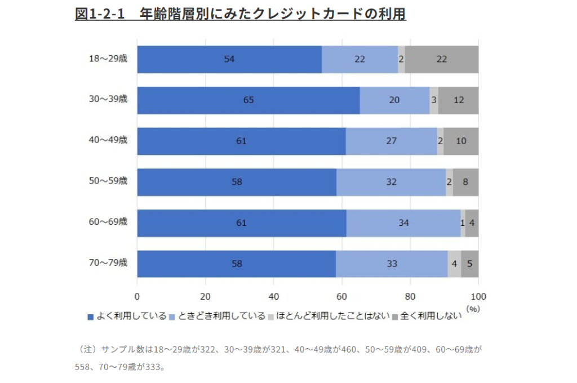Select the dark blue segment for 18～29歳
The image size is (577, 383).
coord(229,59)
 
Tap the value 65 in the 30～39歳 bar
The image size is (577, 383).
coord(248,100)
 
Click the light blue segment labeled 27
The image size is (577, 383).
coord(392,141)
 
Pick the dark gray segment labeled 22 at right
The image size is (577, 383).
coord(442,59)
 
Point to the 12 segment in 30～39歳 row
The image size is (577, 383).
coord(458,100)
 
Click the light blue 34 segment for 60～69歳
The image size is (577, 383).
coord(403,223)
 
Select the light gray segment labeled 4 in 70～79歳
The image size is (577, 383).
coord(454,264)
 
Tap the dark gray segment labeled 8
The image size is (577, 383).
coord(465,182)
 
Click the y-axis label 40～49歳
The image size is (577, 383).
coord(108,140)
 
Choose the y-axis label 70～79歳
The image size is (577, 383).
coord(108,262)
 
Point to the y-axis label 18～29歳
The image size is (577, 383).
coord(108,58)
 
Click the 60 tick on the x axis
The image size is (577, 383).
coord(342,297)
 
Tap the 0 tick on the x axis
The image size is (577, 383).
coord(137,297)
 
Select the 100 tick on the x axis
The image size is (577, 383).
coord(478,297)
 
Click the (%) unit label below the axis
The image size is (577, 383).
coord(472,309)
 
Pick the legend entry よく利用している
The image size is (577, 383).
coord(127,316)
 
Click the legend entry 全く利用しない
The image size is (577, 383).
coord(427,316)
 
